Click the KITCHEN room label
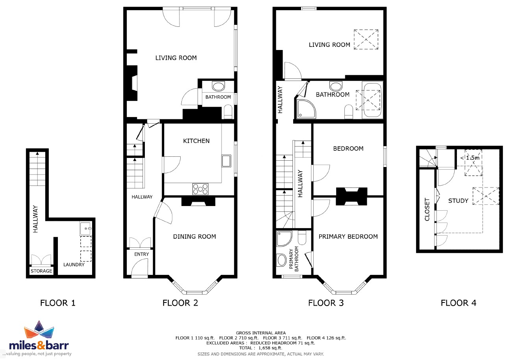(196, 141)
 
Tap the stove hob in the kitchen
(200, 189)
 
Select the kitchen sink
(226, 161)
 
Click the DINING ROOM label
(194, 236)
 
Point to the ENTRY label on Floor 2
(142, 254)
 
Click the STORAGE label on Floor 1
(41, 271)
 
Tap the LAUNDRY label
(74, 265)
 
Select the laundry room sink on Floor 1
(85, 228)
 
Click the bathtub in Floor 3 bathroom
(372, 100)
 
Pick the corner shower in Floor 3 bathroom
(306, 109)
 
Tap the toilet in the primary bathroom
(302, 238)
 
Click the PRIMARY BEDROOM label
(348, 236)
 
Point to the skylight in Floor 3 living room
(366, 39)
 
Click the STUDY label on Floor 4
(458, 200)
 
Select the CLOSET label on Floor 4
(427, 210)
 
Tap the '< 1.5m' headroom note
(470, 158)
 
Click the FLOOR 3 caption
(326, 303)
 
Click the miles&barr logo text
(39, 345)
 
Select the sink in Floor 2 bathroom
(218, 87)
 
